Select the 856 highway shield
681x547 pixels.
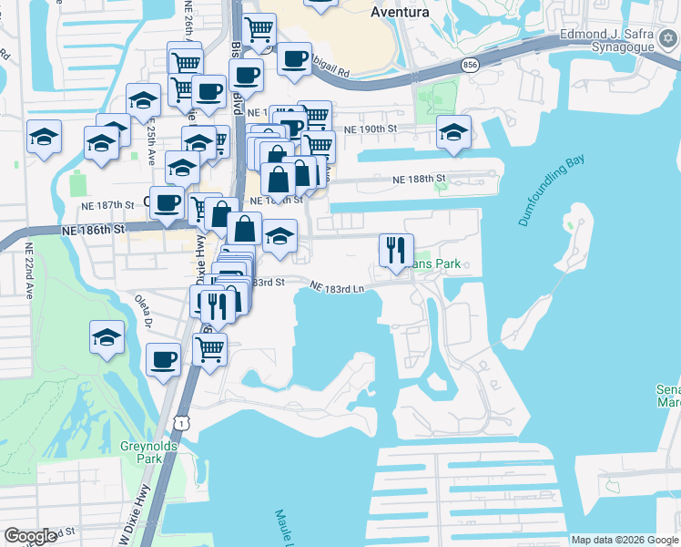pos(470,65)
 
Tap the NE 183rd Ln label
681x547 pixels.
pos(337,287)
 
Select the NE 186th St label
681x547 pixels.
pos(94,231)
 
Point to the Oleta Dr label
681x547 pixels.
pos(145,314)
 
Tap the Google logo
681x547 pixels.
pos(31,536)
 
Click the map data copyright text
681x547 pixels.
pos(625,540)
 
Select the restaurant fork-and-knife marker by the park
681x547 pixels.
pos(396,249)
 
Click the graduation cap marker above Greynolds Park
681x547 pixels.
pos(107,337)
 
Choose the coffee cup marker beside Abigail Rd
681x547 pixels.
pos(294,59)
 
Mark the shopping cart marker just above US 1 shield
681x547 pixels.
pos(210,347)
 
